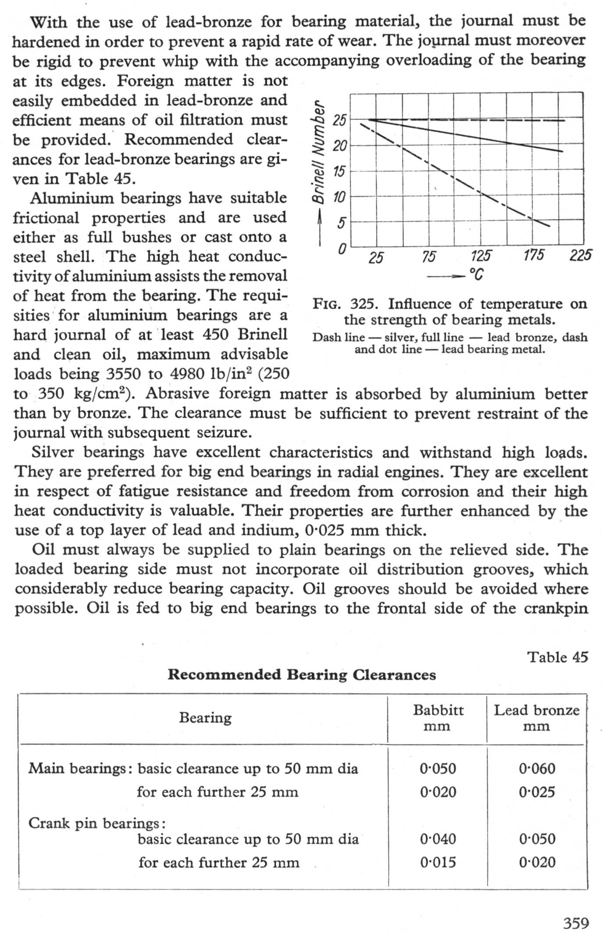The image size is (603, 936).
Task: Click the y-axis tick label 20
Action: tap(340, 146)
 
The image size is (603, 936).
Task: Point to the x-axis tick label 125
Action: tap(481, 256)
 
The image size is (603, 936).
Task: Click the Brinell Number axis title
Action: tap(319, 152)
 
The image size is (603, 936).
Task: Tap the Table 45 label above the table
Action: tap(557, 657)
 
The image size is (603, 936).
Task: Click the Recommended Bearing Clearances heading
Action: tap(302, 675)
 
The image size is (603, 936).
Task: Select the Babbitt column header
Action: tap(438, 710)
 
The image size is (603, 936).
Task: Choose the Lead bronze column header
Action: tap(537, 710)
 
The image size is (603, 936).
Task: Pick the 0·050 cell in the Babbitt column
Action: tap(438, 769)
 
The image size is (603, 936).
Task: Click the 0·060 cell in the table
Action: tap(537, 769)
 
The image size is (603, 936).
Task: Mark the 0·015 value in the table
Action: tap(438, 862)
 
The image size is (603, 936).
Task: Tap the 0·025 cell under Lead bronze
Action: tap(537, 792)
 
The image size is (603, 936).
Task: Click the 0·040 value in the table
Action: tap(438, 839)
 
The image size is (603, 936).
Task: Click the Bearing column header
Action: tap(205, 718)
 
